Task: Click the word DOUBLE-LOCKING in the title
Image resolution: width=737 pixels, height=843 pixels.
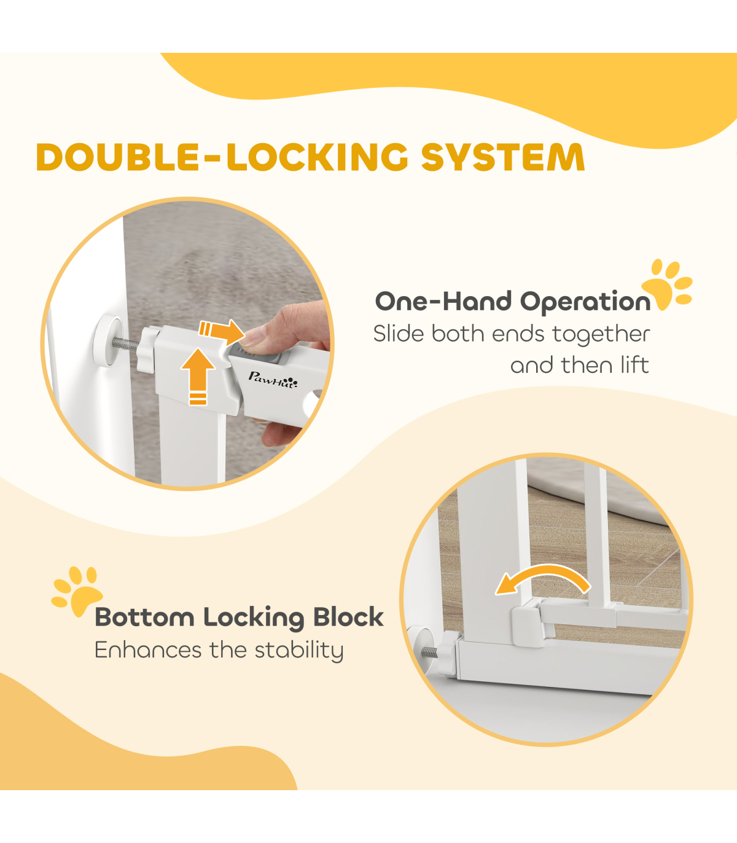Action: pos(222,157)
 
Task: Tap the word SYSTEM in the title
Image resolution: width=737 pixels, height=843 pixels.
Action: pos(503,157)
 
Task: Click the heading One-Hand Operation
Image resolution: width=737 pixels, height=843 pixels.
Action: pos(513,302)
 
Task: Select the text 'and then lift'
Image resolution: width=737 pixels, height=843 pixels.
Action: pos(580,365)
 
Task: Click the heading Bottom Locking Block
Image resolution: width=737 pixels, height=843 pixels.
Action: pos(239,618)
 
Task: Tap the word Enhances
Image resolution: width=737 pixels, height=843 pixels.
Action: pos(149,650)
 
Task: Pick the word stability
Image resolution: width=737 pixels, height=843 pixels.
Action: pos(299,651)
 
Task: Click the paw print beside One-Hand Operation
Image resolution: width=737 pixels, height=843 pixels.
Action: pos(667,284)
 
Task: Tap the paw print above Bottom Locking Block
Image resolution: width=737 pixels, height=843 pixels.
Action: pos(77,592)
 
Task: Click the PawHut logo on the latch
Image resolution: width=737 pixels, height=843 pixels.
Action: pos(273,380)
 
